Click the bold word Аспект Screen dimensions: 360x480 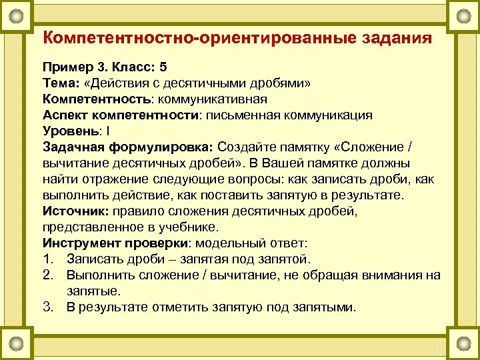pos(65,115)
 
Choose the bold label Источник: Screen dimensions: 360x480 pos(73,211)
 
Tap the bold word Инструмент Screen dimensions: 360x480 pos(82,243)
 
